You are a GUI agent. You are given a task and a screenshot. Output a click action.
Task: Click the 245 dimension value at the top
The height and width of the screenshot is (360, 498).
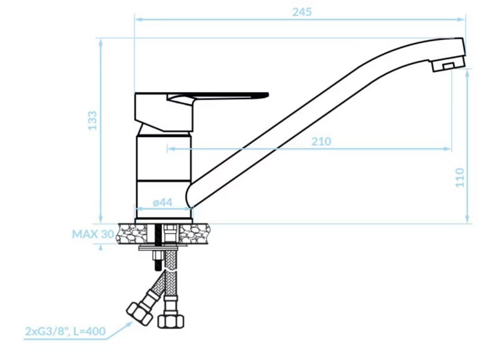point(302,12)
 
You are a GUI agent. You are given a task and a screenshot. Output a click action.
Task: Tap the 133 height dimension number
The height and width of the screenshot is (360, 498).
point(92,120)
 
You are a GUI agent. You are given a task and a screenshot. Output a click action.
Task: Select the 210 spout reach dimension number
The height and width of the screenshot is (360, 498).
point(321,141)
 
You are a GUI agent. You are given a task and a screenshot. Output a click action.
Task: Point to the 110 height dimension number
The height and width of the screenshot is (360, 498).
point(460,178)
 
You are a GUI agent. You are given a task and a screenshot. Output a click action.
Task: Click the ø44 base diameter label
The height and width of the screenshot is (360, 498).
point(162,202)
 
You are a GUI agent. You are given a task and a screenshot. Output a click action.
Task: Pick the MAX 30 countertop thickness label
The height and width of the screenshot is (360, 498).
point(93,234)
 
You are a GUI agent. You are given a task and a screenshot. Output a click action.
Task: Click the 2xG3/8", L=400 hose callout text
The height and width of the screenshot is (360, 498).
point(65,331)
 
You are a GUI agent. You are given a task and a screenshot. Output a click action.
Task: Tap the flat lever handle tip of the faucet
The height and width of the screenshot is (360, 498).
point(266,95)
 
